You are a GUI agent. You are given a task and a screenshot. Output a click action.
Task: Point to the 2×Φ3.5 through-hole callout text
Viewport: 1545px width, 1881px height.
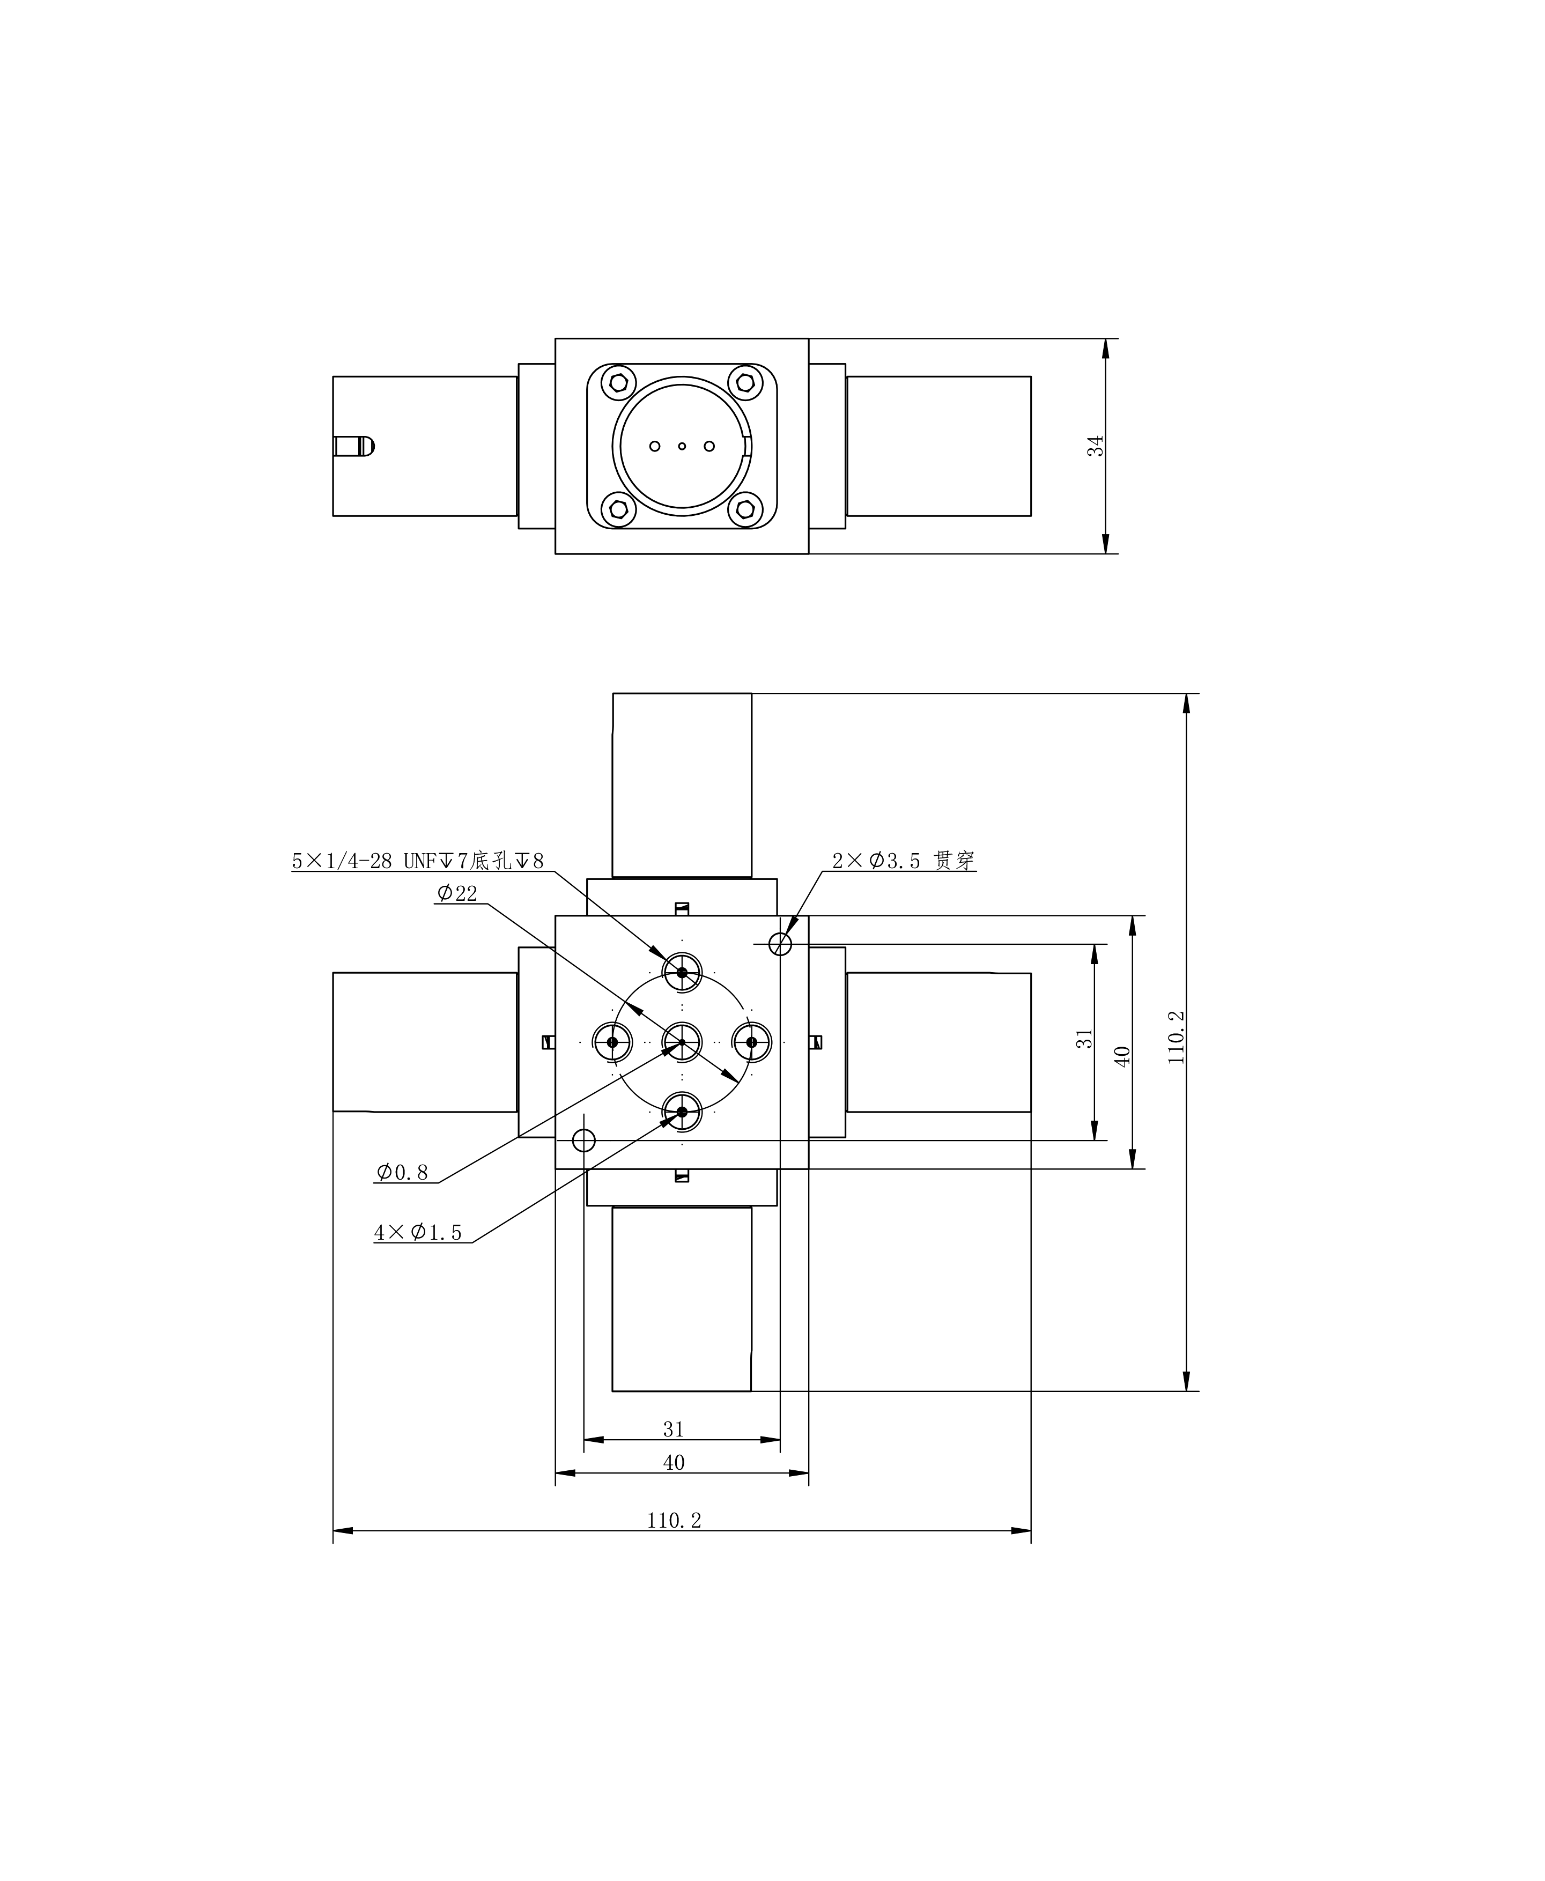[x=904, y=861]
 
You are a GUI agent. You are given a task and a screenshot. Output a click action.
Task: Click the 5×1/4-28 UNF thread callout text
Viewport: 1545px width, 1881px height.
[x=417, y=861]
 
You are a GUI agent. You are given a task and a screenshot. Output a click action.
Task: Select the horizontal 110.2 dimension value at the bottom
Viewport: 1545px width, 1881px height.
[x=674, y=1521]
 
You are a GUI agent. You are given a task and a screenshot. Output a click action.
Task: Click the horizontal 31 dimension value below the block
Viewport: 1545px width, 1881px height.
[x=674, y=1429]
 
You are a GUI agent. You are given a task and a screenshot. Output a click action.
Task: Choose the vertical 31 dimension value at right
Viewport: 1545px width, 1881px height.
[x=1084, y=1038]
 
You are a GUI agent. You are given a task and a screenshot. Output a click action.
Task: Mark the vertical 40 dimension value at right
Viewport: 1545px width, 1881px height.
[x=1122, y=1056]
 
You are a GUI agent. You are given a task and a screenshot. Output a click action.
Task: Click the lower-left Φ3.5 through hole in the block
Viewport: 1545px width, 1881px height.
[x=584, y=1140]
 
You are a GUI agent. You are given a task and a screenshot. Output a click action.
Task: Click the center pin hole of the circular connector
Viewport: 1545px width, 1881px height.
[x=682, y=446]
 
